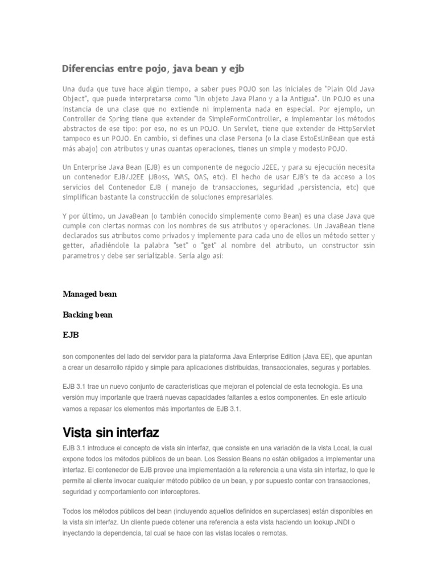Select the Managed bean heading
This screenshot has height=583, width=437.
tap(89, 294)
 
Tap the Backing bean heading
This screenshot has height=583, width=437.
tap(88, 315)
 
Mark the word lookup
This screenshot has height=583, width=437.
tap(327, 522)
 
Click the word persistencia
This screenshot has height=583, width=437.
tap(319, 187)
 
